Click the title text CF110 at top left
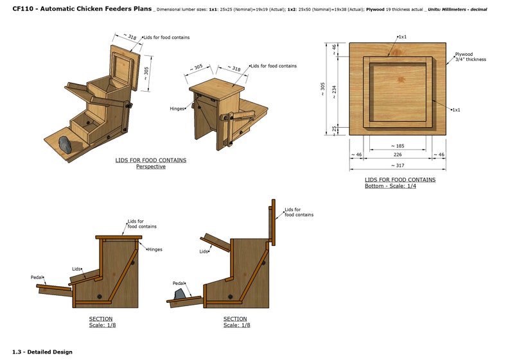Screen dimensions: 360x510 [x=24, y=10]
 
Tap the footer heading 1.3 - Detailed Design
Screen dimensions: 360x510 [x=42, y=352]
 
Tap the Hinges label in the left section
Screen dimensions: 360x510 [x=154, y=249]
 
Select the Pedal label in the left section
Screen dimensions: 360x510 [x=37, y=277]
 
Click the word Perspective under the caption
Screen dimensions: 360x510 [x=150, y=167]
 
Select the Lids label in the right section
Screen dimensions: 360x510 [x=204, y=252]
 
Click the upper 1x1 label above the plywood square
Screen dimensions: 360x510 [x=402, y=37]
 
